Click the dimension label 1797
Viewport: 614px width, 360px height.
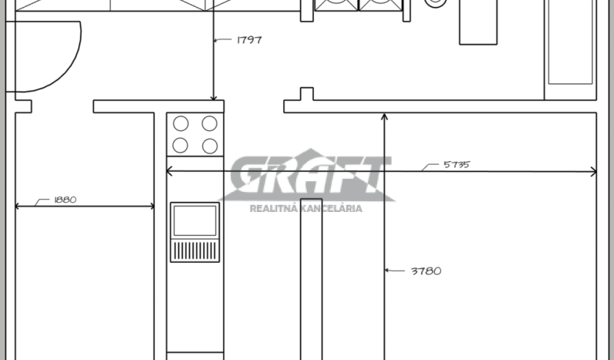249,40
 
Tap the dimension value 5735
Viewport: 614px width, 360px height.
457,165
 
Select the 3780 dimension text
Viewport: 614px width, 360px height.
426,271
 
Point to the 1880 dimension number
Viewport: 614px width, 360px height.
66,200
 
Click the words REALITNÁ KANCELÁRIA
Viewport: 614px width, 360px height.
305,209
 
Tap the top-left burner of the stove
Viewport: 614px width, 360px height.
181,123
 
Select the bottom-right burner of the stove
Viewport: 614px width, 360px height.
210,146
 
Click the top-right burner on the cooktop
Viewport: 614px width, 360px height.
210,123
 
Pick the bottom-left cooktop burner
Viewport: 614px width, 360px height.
180,146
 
